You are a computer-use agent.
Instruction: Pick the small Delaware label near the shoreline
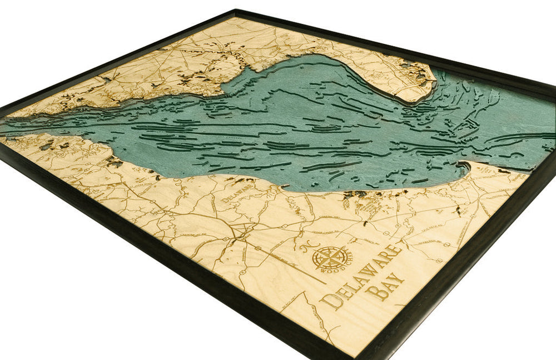click(233, 192)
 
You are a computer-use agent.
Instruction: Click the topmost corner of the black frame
click(236, 10)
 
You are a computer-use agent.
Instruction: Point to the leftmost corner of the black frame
click(2, 109)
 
